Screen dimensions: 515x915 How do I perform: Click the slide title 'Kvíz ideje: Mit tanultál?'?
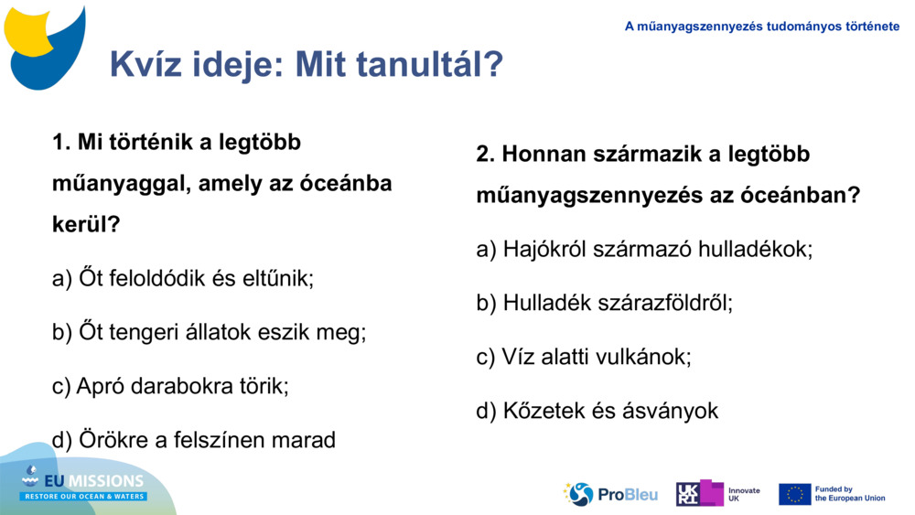point(306,64)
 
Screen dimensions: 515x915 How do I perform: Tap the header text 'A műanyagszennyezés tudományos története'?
point(761,27)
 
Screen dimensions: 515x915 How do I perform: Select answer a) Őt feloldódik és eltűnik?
point(183,278)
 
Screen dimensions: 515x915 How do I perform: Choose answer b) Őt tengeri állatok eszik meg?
point(209,332)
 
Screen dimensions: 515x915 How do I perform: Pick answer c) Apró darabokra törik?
point(170,386)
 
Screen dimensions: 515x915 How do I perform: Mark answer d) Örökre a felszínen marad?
point(194,440)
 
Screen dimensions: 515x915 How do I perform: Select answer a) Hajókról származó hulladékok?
point(643,249)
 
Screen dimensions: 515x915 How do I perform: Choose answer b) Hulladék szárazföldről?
point(604,303)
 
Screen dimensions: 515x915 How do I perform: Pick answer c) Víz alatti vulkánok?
point(583,357)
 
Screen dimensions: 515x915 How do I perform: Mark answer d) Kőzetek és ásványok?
point(597,411)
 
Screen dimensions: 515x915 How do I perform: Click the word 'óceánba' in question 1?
point(346,183)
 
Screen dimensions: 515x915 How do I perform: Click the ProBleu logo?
point(610,494)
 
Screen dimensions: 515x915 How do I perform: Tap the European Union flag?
point(794,494)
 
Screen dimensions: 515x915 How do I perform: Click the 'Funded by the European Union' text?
point(849,494)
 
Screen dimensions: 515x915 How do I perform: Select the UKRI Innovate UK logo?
point(717,494)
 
